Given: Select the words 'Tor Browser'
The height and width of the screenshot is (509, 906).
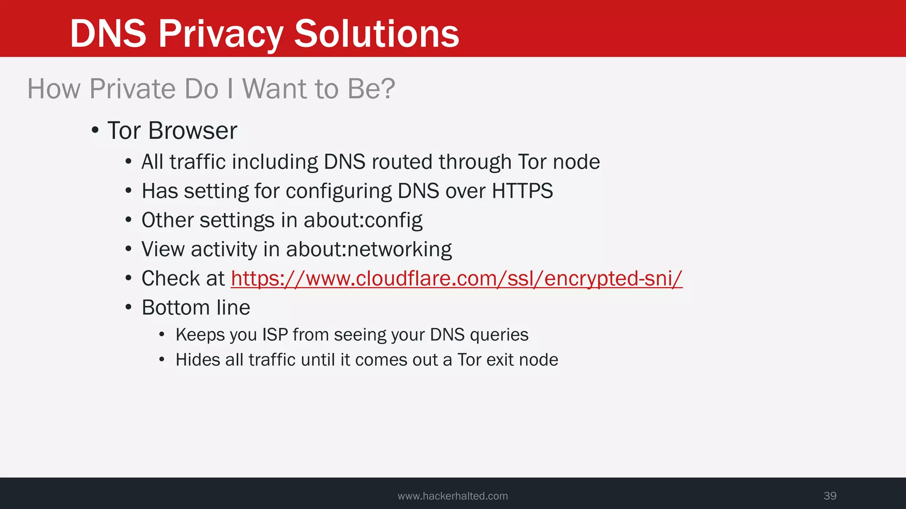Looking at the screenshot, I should pos(172,131).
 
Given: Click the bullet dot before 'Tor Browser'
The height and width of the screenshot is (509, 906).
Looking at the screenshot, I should pos(95,130).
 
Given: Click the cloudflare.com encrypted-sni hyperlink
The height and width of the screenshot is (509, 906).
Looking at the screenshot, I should pos(457,279).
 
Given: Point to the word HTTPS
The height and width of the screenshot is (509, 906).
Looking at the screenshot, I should pos(522,191).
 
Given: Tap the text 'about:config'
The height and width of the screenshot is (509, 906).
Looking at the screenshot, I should pos(363,220).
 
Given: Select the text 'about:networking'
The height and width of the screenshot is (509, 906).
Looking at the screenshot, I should pos(369,250).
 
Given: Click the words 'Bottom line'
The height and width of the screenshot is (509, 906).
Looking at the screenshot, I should pos(196,308).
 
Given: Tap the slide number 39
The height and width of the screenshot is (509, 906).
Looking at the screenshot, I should pos(830,496).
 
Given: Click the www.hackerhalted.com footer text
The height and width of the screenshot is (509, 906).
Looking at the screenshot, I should pos(453,496).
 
